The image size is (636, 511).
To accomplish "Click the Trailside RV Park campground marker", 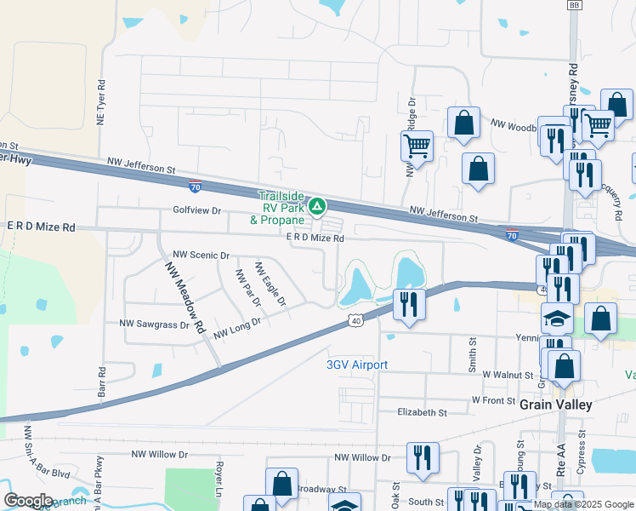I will (316, 205).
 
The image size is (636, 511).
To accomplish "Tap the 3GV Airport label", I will (357, 365).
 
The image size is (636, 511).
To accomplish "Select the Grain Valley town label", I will (555, 405).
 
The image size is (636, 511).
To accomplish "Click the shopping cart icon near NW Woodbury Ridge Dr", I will (417, 146).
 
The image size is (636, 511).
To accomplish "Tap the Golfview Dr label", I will (196, 210).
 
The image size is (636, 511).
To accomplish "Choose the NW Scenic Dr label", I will (202, 255).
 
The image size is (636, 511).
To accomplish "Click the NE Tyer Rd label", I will (101, 104).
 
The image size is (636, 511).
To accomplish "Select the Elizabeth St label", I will (422, 412).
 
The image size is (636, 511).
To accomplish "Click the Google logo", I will (28, 501).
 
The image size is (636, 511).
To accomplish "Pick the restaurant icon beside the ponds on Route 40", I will (410, 305).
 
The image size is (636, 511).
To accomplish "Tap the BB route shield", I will (575, 5).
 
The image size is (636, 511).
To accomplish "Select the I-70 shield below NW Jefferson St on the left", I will (196, 184).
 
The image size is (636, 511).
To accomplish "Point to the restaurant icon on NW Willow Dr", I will (421, 458).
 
